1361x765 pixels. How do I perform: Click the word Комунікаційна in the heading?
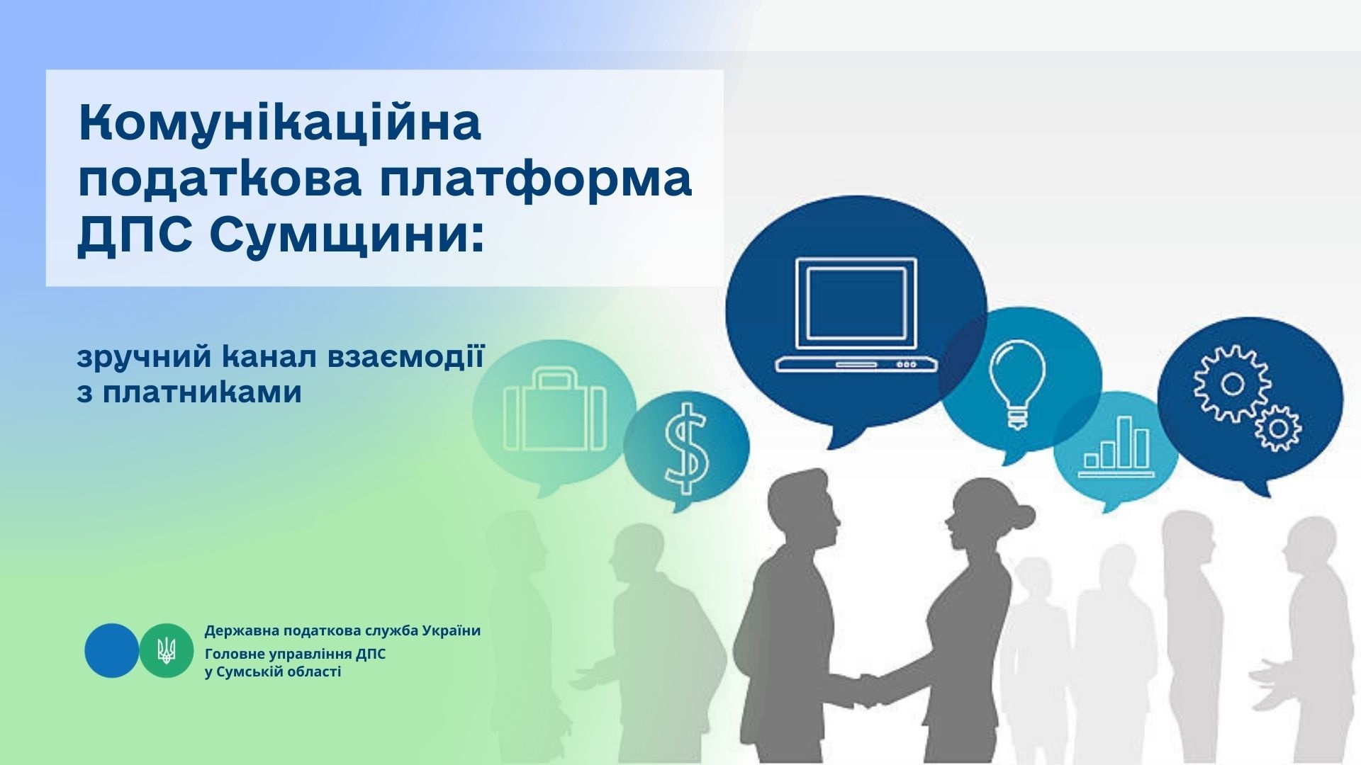tap(280, 125)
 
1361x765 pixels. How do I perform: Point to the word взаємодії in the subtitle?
tap(404, 358)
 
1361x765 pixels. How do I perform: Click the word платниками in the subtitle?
tap(202, 392)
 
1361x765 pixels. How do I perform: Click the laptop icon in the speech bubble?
tap(856, 314)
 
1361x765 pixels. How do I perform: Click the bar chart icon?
tap(1115, 447)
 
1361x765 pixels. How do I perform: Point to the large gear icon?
tap(1232, 383)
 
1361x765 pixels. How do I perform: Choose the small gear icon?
tap(1278, 428)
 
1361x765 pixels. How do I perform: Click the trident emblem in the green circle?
tap(167, 650)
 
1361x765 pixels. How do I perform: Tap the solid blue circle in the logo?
tap(112, 650)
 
